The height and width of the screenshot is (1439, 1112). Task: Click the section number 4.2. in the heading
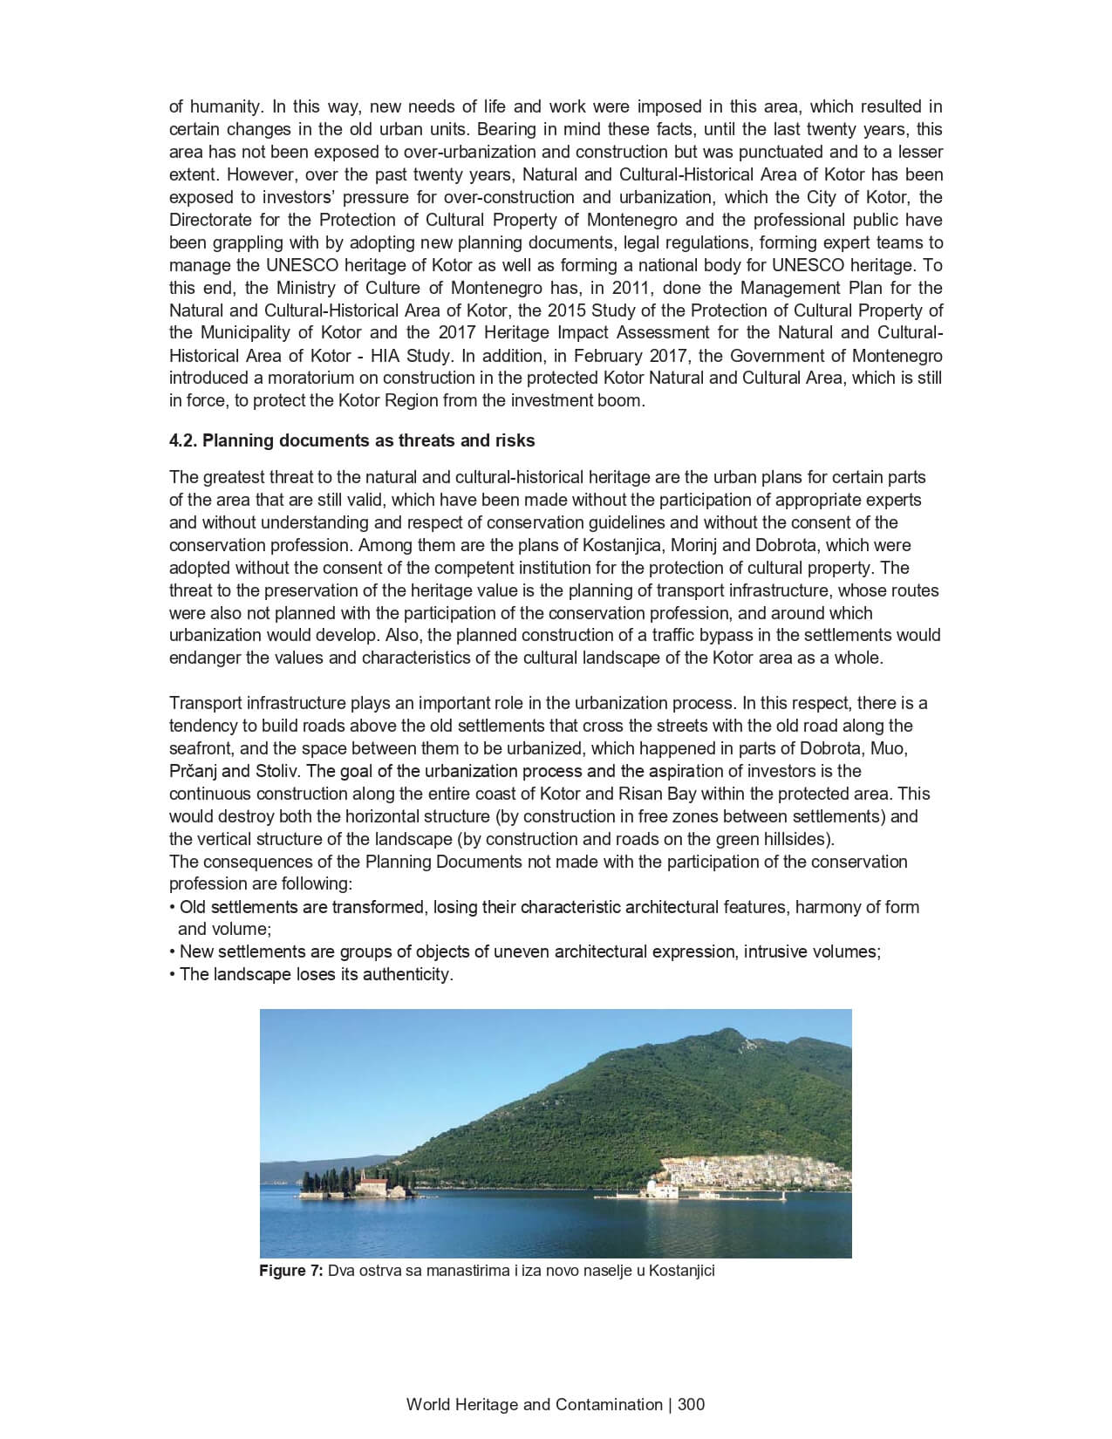click(x=183, y=440)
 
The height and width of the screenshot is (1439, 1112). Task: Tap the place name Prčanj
click(x=193, y=771)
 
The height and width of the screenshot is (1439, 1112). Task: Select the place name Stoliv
click(x=276, y=771)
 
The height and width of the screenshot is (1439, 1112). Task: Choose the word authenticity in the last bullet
click(x=412, y=974)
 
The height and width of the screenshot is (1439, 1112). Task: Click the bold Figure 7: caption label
click(x=291, y=1271)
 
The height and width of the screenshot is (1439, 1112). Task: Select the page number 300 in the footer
click(x=691, y=1404)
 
